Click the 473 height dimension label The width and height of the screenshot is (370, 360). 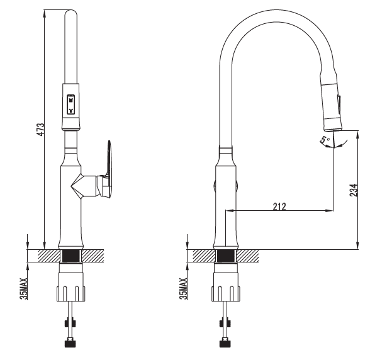tap(41, 130)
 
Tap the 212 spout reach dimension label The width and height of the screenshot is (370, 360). tap(279, 206)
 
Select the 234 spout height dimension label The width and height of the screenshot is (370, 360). tap(354, 190)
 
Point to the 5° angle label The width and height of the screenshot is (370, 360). tap(325, 140)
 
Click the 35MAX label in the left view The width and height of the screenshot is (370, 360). tap(24, 288)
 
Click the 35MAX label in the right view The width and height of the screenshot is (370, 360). tap(183, 288)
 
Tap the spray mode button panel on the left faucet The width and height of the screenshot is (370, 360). tap(70, 104)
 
